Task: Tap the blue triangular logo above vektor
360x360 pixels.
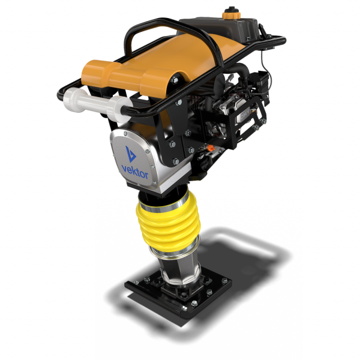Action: tap(130, 154)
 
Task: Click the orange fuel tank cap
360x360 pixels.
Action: tap(231, 13)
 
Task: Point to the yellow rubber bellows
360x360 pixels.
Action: tap(169, 223)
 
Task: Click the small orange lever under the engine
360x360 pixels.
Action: tap(210, 148)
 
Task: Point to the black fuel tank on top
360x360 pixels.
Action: tap(220, 28)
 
